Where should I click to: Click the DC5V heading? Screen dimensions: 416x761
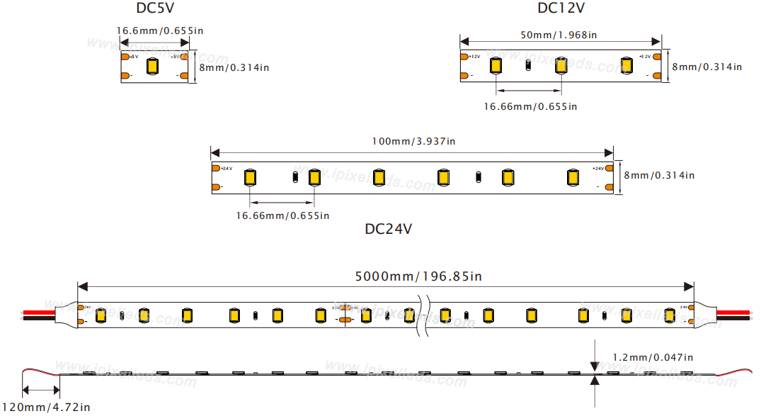pyautogui.click(x=156, y=9)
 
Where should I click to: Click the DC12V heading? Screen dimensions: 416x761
pyautogui.click(x=561, y=9)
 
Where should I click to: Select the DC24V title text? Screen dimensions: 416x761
pyautogui.click(x=388, y=229)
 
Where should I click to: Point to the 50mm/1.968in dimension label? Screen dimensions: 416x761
pyautogui.click(x=559, y=35)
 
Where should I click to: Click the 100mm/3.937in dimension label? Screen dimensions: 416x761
pyautogui.click(x=413, y=141)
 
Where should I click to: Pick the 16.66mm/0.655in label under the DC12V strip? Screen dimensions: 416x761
pyautogui.click(x=530, y=106)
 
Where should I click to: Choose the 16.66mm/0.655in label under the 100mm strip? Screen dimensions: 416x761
pyautogui.click(x=282, y=215)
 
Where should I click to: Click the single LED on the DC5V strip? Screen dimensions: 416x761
pyautogui.click(x=152, y=67)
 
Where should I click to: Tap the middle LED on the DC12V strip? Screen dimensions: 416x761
pyautogui.click(x=561, y=65)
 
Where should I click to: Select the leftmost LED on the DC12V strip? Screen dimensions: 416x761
pyautogui.click(x=496, y=65)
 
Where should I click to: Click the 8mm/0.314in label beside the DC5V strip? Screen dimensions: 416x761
pyautogui.click(x=234, y=67)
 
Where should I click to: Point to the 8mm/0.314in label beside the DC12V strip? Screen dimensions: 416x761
pyautogui.click(x=706, y=67)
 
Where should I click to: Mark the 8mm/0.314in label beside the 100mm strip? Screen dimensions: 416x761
pyautogui.click(x=658, y=175)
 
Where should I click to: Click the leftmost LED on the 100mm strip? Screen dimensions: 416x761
pyautogui.click(x=249, y=176)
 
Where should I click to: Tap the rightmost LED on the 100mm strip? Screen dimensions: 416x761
pyautogui.click(x=572, y=176)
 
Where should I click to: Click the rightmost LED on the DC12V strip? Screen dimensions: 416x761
pyautogui.click(x=626, y=65)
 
